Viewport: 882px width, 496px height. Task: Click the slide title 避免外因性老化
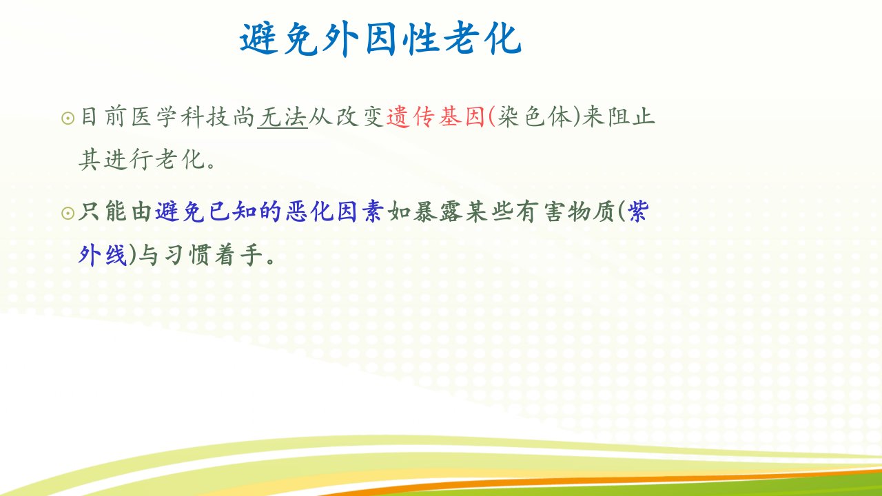coord(380,38)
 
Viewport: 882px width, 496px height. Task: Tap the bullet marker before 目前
coord(68,118)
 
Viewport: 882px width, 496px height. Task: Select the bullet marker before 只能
coord(68,214)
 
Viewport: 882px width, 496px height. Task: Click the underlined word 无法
coord(283,117)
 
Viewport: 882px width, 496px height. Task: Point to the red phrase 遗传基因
coord(435,117)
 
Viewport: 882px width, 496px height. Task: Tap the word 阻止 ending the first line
coord(630,117)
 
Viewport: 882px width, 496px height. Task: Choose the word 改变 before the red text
coord(360,117)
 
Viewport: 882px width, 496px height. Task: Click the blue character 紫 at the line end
coord(638,211)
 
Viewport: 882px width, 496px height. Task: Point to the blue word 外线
coord(103,255)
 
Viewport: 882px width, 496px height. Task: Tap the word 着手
coord(238,255)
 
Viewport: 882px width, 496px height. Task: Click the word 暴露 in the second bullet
coord(438,211)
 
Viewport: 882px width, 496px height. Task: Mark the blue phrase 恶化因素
coord(334,211)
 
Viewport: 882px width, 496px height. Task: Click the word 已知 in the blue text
coord(232,211)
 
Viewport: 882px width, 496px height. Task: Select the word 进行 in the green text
coord(128,159)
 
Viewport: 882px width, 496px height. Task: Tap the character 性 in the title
coord(423,38)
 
